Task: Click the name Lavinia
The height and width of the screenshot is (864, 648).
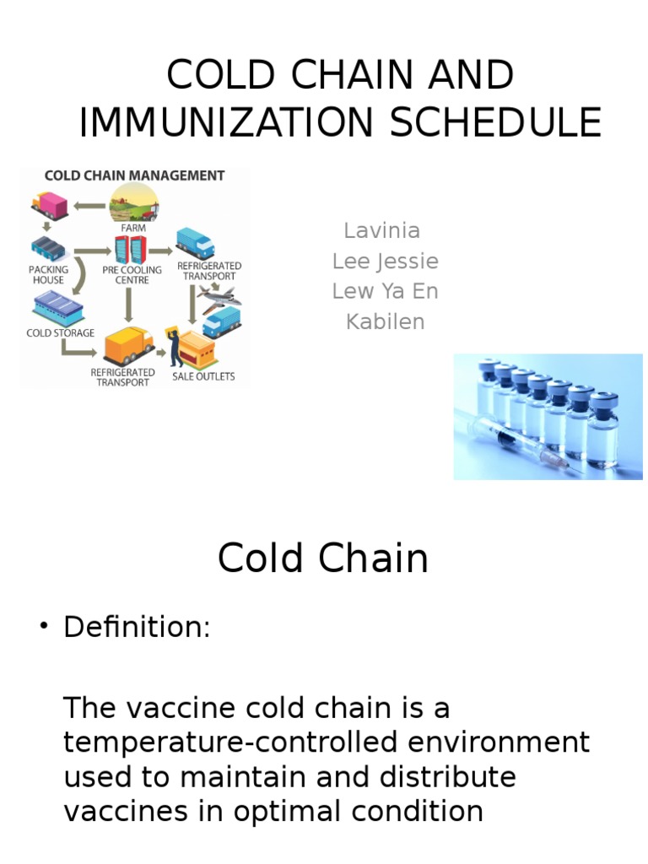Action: point(382,230)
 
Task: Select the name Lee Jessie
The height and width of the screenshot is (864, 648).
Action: point(385,261)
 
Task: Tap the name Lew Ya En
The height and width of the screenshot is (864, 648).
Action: point(385,291)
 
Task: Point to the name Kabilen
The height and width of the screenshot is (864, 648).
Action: point(385,321)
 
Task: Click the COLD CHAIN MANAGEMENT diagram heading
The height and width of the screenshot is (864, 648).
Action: point(134,176)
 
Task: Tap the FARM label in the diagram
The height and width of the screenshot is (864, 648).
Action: point(133,228)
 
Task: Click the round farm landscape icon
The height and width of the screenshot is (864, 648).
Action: point(133,202)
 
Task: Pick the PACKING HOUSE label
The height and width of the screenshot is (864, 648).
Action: point(49,274)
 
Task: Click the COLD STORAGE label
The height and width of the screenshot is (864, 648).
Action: point(61,332)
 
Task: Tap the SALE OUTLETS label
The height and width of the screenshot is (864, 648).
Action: point(203,376)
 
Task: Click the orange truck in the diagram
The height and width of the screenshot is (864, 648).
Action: point(127,344)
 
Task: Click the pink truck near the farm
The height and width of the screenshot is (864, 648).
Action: point(49,203)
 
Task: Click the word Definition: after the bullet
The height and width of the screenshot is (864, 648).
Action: point(137,628)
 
